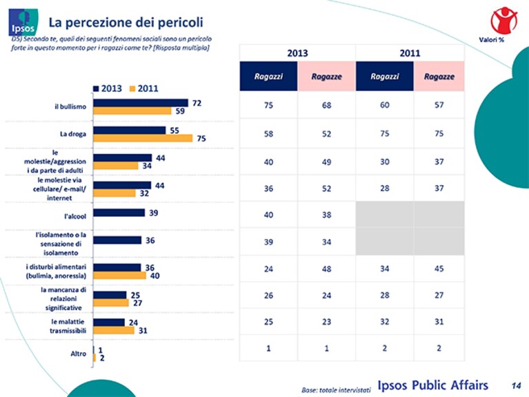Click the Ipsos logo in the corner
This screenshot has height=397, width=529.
tap(23, 22)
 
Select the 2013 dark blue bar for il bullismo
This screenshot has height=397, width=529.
tap(141, 103)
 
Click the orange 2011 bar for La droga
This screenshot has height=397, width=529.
tap(143, 138)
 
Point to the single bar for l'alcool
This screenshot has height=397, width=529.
tap(119, 213)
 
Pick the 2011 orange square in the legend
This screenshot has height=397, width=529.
tap(132, 88)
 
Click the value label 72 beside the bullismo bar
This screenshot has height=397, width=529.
tap(197, 103)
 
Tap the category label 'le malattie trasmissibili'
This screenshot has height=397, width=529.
tap(68, 326)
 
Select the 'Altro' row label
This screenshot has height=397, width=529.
tap(78, 354)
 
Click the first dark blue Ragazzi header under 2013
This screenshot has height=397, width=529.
tap(268, 77)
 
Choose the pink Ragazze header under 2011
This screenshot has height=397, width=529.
tap(439, 77)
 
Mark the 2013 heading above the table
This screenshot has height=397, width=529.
tap(297, 53)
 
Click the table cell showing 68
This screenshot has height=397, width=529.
tap(326, 105)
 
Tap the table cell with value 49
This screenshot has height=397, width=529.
tap(326, 162)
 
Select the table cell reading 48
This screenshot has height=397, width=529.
tap(326, 269)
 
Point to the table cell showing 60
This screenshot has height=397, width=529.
tap(385, 105)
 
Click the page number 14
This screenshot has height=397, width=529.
tap(516, 385)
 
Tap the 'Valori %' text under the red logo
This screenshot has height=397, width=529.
tap(492, 40)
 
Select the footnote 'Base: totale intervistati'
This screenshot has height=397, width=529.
tap(336, 390)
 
